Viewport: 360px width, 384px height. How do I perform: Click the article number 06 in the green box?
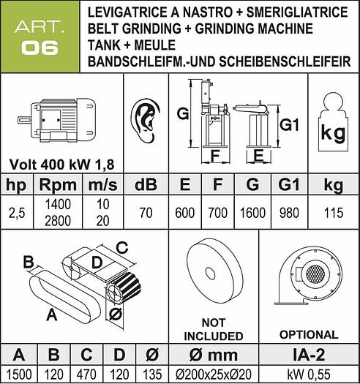40,48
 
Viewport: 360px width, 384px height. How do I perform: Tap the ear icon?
146,121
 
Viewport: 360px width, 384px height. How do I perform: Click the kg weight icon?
333,121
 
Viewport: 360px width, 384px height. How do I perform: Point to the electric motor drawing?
56,120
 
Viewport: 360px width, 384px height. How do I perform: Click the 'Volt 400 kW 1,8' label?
62,165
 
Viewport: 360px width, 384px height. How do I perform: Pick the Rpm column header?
58,185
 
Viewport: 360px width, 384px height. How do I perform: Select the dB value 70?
146,213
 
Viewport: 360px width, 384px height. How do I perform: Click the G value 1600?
252,213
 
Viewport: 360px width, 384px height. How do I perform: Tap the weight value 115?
333,213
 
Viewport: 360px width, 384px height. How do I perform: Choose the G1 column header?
289,185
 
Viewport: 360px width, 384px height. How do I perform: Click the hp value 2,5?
17,213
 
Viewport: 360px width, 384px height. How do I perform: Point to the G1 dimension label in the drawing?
290,125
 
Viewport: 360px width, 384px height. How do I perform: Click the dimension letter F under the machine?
215,156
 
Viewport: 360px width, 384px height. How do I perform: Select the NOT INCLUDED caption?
214,329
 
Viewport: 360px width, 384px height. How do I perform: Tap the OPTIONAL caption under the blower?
309,334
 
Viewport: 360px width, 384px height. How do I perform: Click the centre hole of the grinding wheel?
209,274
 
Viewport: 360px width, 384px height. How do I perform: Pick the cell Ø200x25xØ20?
214,374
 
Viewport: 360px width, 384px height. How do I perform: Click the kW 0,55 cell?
309,374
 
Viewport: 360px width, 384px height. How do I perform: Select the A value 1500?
19,374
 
